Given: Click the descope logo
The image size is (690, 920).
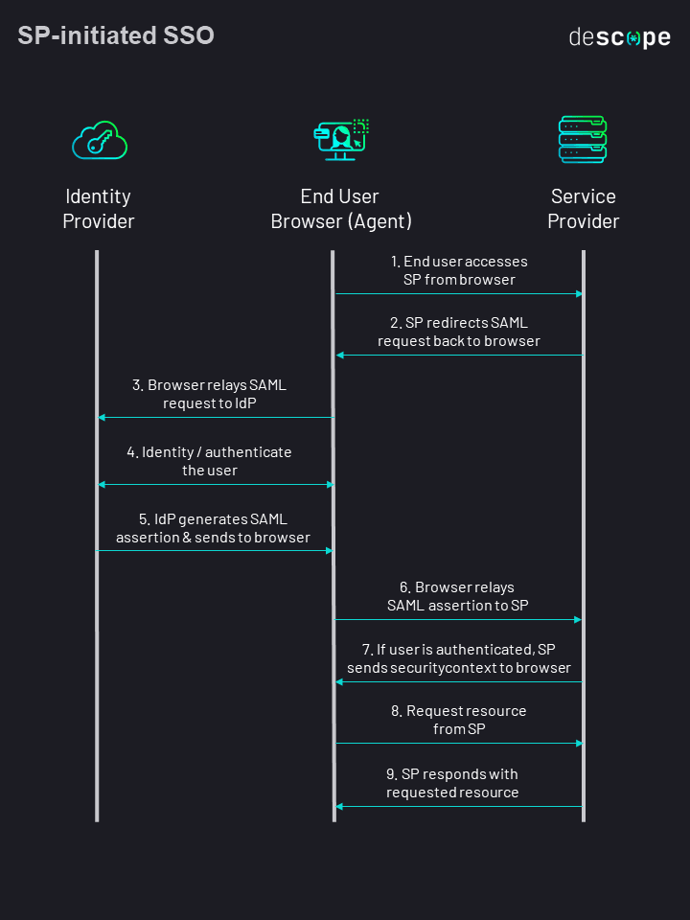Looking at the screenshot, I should point(619,38).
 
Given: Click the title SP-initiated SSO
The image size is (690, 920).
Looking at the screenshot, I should point(116,36).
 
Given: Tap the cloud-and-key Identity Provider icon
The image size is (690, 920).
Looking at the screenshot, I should point(100,140).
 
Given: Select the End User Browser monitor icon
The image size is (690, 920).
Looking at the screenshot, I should point(341,140).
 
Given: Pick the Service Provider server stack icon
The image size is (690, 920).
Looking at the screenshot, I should point(583,140).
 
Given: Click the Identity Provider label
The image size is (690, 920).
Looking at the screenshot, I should point(99,209).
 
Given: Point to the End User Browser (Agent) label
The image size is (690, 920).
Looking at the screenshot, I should point(341,209).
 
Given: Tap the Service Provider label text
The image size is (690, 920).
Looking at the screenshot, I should point(583,209).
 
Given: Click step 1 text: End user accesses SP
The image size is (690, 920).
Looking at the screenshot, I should point(459,270).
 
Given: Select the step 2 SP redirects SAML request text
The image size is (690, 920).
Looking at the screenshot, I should point(459,332).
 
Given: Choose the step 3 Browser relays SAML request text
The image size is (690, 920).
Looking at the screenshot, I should point(210,394).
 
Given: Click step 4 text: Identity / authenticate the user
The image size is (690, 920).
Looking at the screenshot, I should point(210,461).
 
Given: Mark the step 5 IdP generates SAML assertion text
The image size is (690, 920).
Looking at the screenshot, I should point(213,528).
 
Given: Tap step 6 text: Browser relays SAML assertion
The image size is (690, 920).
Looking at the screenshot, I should point(457,596).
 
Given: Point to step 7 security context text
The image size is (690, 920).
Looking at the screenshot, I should point(459,658).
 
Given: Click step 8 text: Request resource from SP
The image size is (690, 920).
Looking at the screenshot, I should point(459,720).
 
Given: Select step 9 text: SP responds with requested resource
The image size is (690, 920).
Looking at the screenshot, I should point(453,783).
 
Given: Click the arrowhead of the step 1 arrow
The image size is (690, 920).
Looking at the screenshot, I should point(579,293).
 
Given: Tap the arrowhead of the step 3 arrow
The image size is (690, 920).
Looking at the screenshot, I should point(103,417).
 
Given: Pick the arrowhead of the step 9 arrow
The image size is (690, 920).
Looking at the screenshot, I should point(339,806).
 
